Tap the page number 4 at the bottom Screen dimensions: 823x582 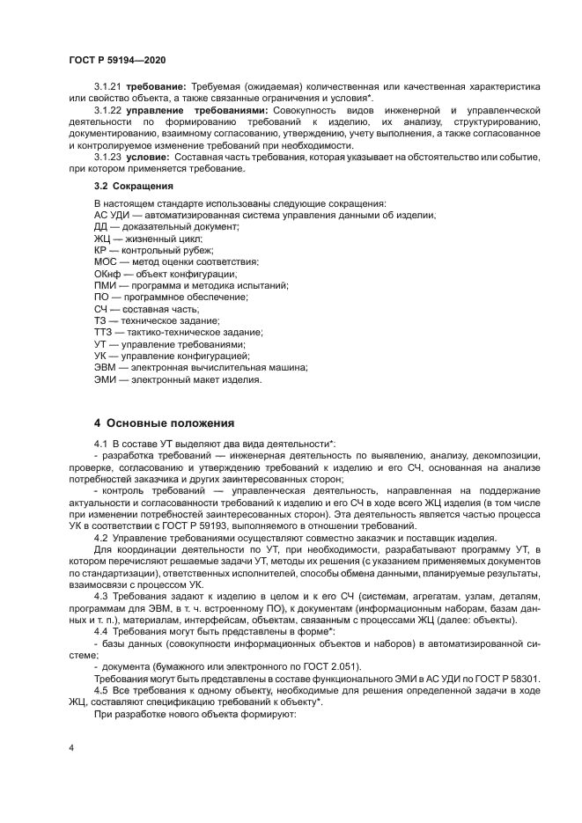(x=70, y=747)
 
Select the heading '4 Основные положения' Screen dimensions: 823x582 (x=164, y=422)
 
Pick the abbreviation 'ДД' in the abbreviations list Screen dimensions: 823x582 (x=101, y=226)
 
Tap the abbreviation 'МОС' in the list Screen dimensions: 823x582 (x=105, y=261)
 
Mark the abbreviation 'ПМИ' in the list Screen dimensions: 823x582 (x=105, y=285)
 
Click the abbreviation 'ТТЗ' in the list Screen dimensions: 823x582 (x=103, y=332)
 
